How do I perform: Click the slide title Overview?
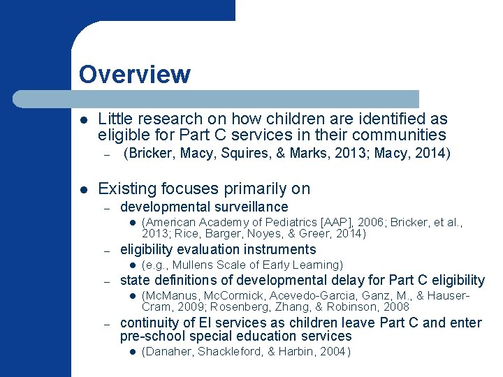click(x=134, y=74)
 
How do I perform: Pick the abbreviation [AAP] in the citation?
click(x=315, y=222)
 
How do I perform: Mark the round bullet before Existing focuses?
click(x=83, y=189)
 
